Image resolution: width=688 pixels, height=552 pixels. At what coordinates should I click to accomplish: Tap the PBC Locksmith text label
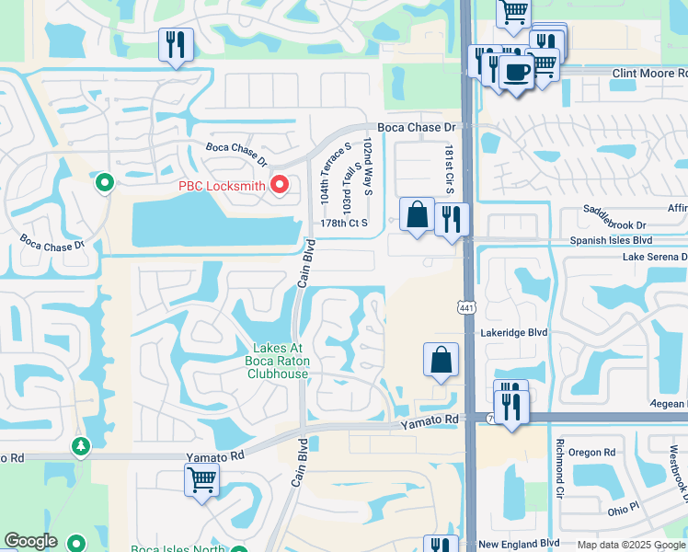point(222,186)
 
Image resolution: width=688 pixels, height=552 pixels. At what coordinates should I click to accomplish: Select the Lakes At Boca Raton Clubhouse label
point(281,361)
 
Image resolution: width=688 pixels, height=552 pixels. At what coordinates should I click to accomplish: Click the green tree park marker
point(81,446)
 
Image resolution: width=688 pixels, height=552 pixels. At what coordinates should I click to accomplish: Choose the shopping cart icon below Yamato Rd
point(201,478)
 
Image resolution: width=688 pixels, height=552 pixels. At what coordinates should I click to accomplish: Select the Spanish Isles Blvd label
point(617,240)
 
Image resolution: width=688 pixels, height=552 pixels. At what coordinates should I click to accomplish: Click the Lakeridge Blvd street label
point(513,332)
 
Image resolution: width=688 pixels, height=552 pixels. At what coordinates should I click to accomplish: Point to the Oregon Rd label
point(591,453)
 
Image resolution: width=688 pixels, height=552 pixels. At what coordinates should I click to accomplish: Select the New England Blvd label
point(519,545)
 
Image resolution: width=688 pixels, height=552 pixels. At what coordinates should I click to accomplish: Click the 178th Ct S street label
point(344,223)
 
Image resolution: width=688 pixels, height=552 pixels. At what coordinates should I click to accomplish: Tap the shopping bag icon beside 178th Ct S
point(417,214)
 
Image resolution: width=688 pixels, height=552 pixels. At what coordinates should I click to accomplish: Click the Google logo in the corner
point(30,542)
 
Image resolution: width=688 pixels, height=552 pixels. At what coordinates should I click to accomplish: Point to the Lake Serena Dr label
point(654,258)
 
